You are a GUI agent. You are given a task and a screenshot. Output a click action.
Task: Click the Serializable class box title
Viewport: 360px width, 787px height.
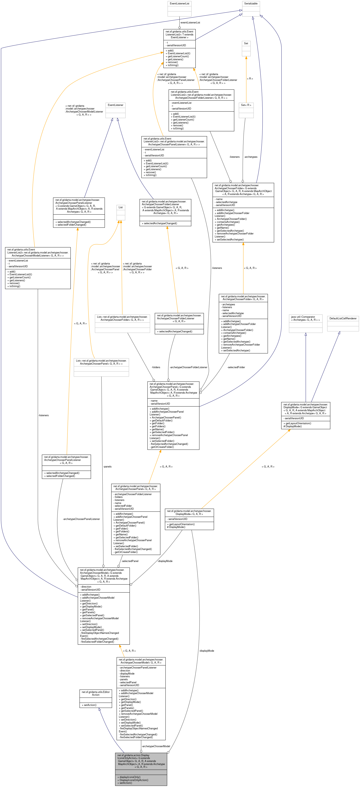[x=251, y=4]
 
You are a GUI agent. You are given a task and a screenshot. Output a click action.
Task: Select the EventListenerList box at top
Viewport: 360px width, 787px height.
[x=179, y=4]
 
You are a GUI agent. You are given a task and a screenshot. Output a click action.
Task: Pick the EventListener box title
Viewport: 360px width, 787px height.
[x=115, y=105]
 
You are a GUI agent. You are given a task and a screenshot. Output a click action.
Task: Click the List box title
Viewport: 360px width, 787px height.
[x=121, y=207]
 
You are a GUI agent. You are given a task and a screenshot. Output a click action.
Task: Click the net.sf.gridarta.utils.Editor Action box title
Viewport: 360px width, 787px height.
[x=96, y=694]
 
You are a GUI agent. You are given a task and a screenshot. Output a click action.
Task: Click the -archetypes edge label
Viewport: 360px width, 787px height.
[x=251, y=157]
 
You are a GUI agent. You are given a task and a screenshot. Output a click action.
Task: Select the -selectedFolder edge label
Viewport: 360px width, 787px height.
[x=236, y=367]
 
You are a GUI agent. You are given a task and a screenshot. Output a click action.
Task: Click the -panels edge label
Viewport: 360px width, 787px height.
[x=107, y=466]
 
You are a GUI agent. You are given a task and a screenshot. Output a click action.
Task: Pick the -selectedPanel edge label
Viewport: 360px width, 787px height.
[x=130, y=561]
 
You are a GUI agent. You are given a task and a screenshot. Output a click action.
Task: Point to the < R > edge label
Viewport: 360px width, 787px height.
[x=250, y=79]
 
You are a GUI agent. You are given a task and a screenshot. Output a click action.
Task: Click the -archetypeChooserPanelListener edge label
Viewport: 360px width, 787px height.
[x=81, y=519]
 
